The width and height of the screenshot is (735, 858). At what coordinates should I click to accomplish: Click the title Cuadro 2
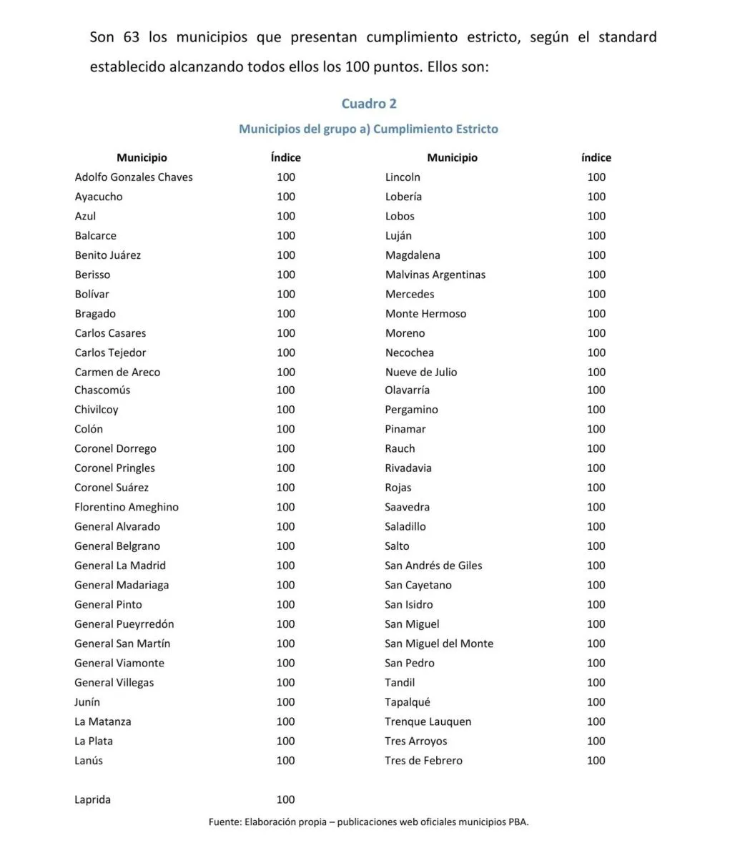click(x=369, y=104)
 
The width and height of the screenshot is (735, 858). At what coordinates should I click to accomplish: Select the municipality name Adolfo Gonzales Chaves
click(x=134, y=177)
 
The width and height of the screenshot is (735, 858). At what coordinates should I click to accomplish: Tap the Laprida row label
click(x=92, y=799)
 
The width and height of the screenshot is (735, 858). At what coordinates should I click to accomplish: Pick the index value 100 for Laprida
click(x=285, y=799)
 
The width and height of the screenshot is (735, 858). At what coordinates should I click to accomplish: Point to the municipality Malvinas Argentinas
click(x=435, y=275)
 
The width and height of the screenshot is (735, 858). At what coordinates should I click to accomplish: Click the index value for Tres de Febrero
click(x=596, y=761)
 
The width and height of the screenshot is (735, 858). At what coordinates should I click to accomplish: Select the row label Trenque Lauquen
click(x=428, y=721)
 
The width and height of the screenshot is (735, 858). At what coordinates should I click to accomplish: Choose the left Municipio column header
click(x=142, y=158)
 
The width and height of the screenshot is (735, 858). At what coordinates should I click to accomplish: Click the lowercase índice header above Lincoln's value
click(x=596, y=158)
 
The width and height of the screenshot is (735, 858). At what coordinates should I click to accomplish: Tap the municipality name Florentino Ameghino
click(x=127, y=507)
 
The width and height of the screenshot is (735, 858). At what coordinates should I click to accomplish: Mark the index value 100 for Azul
click(x=285, y=216)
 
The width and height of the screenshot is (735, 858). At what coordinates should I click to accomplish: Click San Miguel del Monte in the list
click(x=439, y=643)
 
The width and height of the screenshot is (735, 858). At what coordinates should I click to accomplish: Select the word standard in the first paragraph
click(x=627, y=37)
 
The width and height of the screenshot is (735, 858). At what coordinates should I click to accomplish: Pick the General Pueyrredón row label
click(x=124, y=624)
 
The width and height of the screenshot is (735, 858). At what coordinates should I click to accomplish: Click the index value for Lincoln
click(x=596, y=177)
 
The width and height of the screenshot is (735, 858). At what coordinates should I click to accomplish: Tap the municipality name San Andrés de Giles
click(x=433, y=566)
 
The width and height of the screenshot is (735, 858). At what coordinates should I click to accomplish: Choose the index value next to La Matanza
click(x=285, y=721)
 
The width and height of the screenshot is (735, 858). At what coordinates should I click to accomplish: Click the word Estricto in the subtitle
click(x=473, y=129)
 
